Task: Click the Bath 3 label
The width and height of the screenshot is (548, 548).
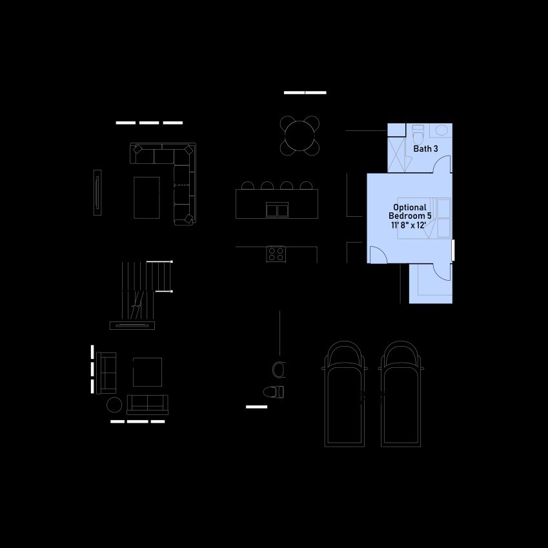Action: [425, 148]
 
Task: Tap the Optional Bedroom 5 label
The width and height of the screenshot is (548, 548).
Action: [410, 212]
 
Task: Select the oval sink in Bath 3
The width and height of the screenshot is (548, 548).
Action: [441, 130]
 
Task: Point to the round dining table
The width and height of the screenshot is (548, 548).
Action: [299, 136]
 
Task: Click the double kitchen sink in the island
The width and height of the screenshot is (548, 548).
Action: [277, 210]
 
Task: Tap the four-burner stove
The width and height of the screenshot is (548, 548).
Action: [276, 254]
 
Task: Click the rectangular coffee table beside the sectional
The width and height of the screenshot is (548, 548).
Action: [147, 198]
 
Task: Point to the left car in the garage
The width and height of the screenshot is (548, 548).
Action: [344, 394]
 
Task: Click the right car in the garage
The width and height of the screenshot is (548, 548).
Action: [401, 394]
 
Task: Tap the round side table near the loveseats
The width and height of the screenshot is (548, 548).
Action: [114, 405]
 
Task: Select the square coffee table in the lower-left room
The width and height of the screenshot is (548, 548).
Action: [147, 372]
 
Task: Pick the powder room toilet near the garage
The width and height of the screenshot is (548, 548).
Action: [274, 392]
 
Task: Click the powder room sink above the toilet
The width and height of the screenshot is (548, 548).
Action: [279, 370]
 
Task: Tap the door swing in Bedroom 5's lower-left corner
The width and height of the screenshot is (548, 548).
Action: [378, 254]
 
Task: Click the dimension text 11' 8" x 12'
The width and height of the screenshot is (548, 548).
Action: [408, 225]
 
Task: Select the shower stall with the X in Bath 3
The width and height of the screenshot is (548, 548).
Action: [396, 154]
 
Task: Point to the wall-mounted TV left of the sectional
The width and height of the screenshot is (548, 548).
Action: [97, 192]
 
